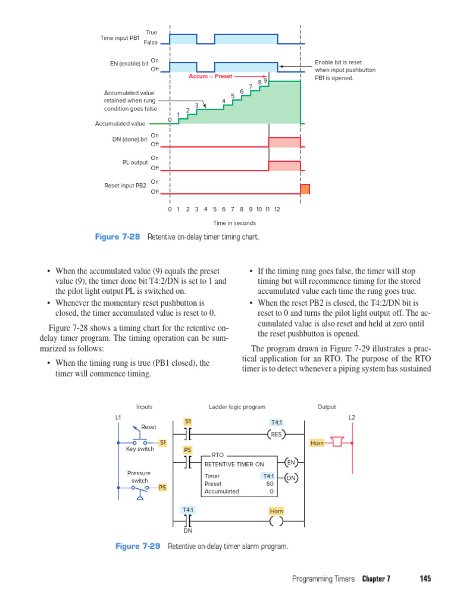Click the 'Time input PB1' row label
120,38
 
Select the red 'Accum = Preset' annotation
211,76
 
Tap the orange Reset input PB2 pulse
305,189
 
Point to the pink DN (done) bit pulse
284,142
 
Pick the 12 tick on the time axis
277,209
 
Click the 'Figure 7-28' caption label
117,237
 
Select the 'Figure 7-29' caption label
137,546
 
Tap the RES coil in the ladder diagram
277,434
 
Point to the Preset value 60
270,484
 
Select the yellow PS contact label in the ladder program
187,450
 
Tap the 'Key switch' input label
140,449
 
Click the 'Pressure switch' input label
139,477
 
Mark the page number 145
425,579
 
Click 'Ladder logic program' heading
237,407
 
